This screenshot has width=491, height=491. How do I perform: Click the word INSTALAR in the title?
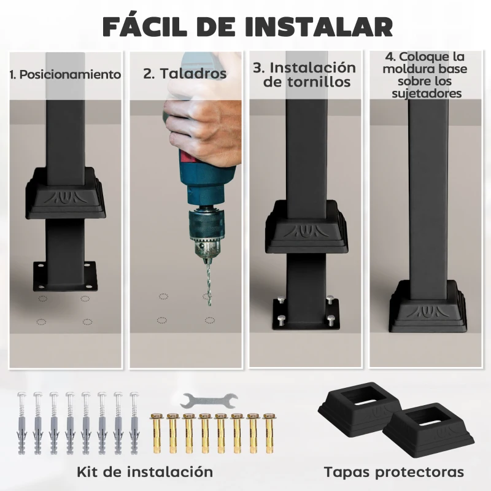(318, 26)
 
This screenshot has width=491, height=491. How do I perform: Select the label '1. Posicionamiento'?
(65, 75)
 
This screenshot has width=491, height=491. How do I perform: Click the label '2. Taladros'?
(185, 74)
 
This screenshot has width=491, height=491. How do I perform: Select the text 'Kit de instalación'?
(145, 472)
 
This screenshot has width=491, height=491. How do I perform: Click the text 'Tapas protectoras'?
(394, 473)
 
